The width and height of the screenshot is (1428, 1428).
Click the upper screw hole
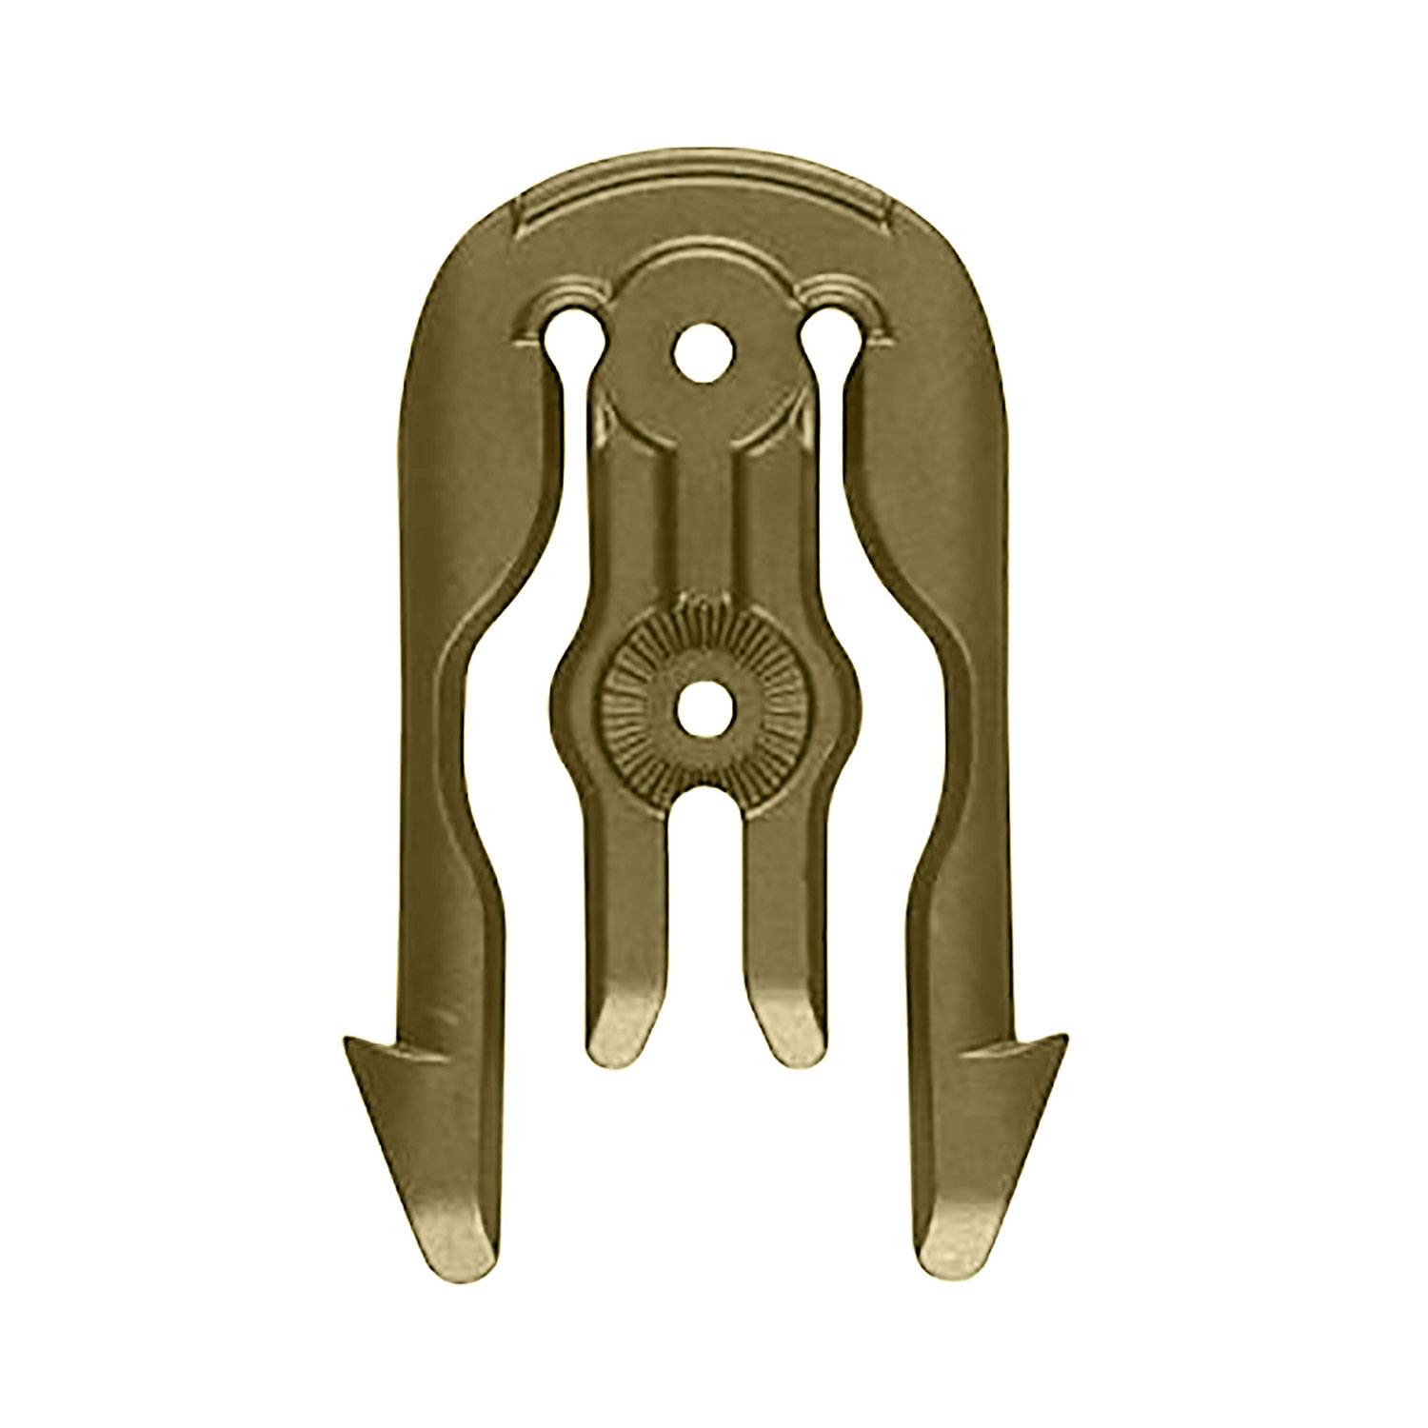(705, 354)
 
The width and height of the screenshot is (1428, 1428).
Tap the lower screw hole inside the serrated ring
(705, 710)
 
